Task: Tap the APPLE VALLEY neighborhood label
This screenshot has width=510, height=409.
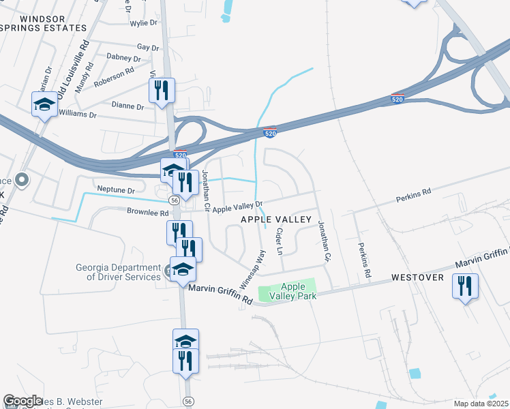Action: pos(276,219)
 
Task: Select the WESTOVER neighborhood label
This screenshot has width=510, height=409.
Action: pos(418,278)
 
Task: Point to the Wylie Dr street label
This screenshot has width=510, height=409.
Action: pos(143,22)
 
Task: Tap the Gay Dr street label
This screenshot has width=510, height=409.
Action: pos(148,47)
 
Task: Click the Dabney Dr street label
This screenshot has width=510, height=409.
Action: pos(123,58)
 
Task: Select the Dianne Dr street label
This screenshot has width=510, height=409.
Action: pos(127,107)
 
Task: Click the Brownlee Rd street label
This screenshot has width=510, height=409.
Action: pos(147,212)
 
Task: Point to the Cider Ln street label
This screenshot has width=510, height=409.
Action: pos(278,241)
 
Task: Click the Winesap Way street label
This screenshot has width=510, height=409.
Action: pos(252,269)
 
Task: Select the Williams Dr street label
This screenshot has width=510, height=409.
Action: pos(78,113)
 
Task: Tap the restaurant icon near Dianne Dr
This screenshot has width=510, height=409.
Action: pos(162,91)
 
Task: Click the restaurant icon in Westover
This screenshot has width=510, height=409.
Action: pos(465,287)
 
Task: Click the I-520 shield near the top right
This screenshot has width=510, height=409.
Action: pos(397,99)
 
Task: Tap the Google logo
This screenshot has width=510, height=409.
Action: pos(22,401)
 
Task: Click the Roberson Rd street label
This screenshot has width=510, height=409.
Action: pos(115,72)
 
